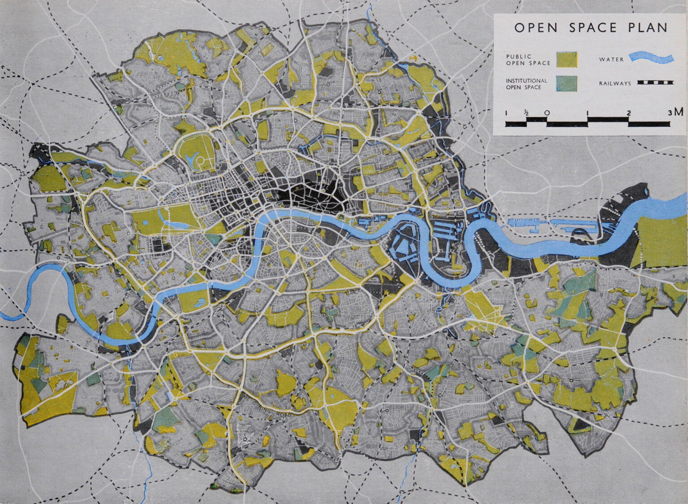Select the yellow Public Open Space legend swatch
[x=567, y=60]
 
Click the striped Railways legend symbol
[x=656, y=83]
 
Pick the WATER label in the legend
[x=611, y=59]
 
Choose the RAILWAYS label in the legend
[x=615, y=83]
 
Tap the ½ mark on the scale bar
[x=527, y=113]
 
